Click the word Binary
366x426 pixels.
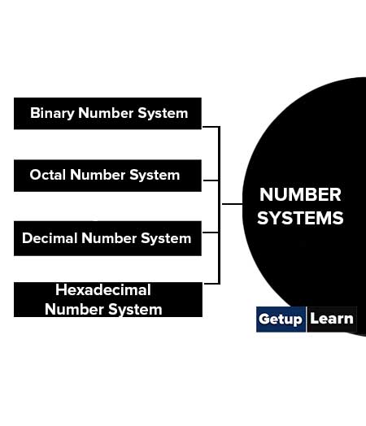[x=52, y=113]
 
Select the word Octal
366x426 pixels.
[x=48, y=175]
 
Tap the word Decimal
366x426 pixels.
[x=50, y=238]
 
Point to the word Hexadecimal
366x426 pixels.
[x=103, y=290]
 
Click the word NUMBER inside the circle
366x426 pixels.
[x=300, y=194]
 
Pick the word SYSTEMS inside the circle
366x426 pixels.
[x=300, y=218]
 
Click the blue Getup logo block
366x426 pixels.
[x=281, y=319]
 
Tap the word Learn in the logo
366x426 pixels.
[x=332, y=319]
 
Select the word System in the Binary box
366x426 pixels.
[x=163, y=113]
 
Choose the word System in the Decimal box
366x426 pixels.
[x=166, y=238]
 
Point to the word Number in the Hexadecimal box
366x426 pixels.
[x=74, y=309]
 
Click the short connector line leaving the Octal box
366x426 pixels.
[x=211, y=180]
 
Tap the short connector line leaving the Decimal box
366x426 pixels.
[x=211, y=233]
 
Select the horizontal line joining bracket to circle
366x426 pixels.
[x=233, y=204]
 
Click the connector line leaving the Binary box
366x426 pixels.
[x=211, y=127]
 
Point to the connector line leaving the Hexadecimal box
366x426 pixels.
[x=211, y=284]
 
